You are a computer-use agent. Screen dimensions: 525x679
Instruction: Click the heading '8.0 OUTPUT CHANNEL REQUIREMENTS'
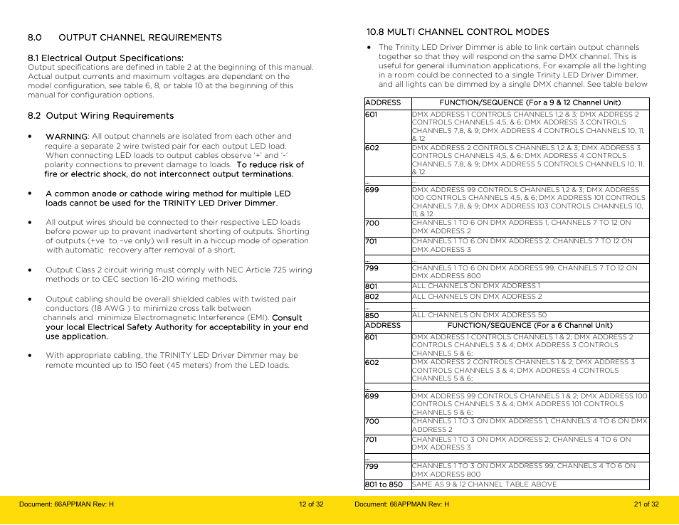pyautogui.click(x=125, y=38)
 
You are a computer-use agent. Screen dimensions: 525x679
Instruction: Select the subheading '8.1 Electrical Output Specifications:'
pyautogui.click(x=105, y=58)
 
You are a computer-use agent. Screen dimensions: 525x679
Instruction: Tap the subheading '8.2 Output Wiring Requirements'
pyautogui.click(x=100, y=115)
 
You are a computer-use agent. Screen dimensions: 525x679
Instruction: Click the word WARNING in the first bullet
pyautogui.click(x=66, y=137)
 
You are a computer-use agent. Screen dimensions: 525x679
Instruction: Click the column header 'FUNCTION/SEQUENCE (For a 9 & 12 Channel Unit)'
pyautogui.click(x=530, y=102)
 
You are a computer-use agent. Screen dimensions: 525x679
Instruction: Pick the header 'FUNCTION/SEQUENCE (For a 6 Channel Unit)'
pyautogui.click(x=530, y=326)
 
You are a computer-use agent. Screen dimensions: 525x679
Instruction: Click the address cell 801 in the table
pyautogui.click(x=372, y=287)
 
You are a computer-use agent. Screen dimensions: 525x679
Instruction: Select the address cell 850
pyautogui.click(x=372, y=316)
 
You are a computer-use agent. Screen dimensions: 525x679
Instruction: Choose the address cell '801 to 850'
pyautogui.click(x=384, y=484)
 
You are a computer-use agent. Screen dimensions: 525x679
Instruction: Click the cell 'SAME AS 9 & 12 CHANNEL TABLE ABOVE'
pyautogui.click(x=484, y=484)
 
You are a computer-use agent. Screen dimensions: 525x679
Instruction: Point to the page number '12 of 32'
pyautogui.click(x=311, y=504)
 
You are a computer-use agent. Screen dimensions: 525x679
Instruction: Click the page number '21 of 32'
pyautogui.click(x=646, y=504)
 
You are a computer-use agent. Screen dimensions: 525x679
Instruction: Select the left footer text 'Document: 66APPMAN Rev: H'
pyautogui.click(x=66, y=504)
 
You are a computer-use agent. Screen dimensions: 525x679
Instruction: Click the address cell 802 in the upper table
pyautogui.click(x=372, y=297)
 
